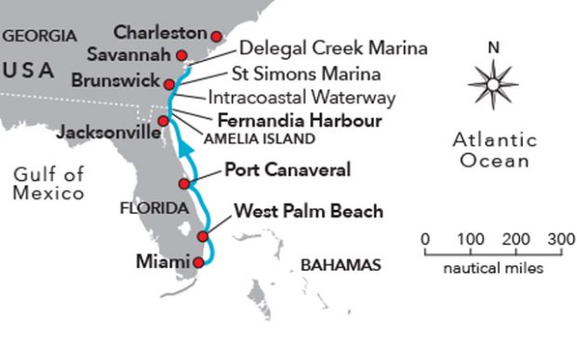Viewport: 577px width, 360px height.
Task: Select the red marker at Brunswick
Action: point(169,82)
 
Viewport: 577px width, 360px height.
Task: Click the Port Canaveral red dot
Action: point(184,184)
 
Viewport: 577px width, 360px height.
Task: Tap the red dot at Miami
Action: point(197,262)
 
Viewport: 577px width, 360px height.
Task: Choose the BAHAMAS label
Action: point(341,265)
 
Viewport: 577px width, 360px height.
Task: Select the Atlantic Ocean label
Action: point(493,150)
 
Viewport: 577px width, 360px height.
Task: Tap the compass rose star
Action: point(493,83)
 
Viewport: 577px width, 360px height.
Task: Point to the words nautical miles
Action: point(493,270)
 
